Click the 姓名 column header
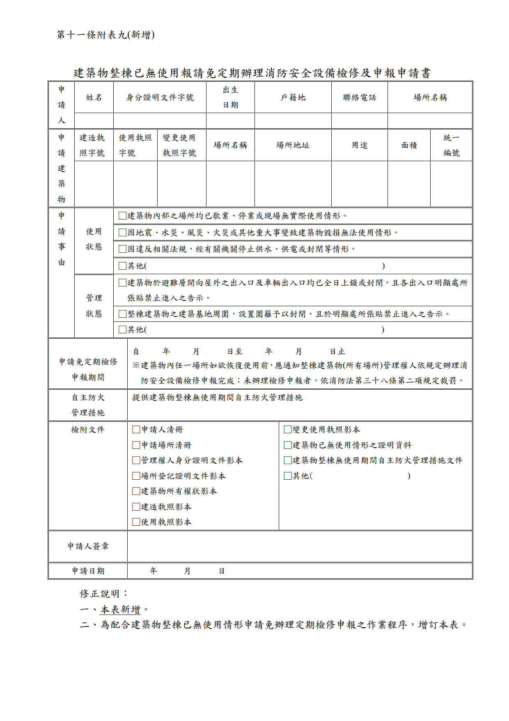tap(94, 97)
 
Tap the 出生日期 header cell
tap(230, 97)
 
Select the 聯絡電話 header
tap(359, 97)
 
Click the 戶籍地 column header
tap(293, 97)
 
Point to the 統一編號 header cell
tap(451, 145)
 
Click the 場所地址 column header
tap(293, 145)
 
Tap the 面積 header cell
tap(409, 145)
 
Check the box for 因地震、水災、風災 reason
tap(122, 233)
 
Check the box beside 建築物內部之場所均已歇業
tap(122, 216)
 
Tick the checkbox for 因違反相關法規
tap(122, 249)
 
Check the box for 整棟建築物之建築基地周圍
tap(122, 314)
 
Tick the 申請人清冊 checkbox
tap(136, 430)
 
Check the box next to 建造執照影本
tap(136, 507)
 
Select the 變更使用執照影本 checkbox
tap(288, 430)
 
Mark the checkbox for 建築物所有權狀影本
tap(136, 491)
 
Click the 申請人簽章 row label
tap(88, 546)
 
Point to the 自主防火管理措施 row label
tap(88, 405)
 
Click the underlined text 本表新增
tap(121, 609)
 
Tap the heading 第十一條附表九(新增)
tap(105, 35)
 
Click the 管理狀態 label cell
tap(94, 306)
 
